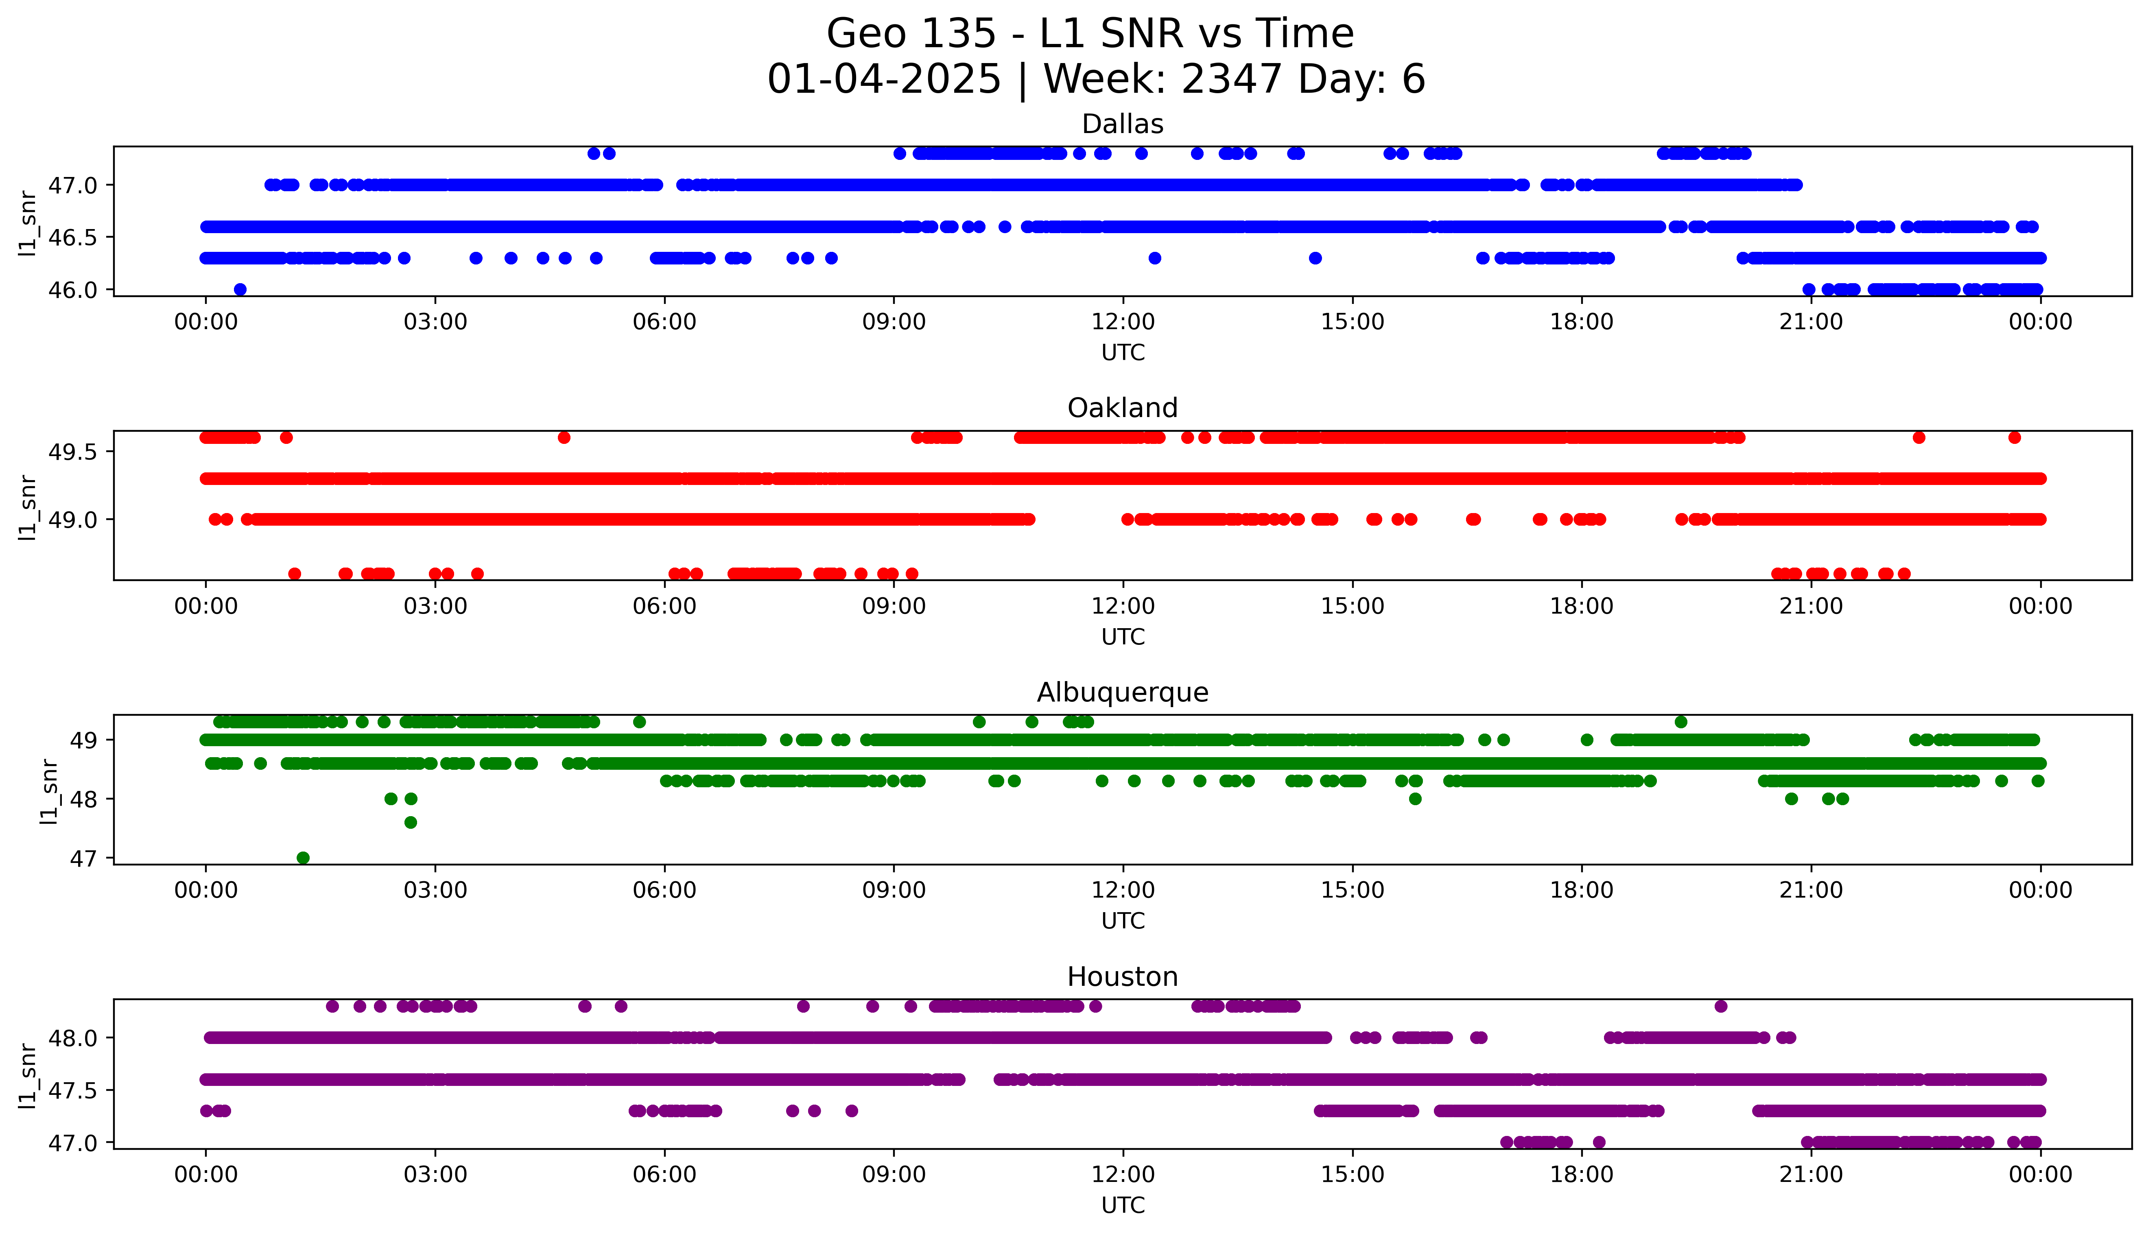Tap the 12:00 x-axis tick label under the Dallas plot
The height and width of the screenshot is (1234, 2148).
pos(1123,322)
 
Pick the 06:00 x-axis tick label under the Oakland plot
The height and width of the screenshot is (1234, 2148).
pos(664,606)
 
